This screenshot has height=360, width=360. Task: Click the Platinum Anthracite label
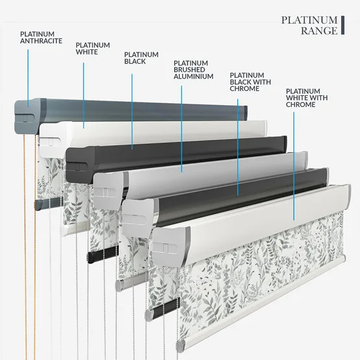point(41,38)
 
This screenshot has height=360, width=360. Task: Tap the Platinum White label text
point(93,49)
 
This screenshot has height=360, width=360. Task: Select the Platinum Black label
point(141,58)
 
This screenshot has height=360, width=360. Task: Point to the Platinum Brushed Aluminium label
point(193,70)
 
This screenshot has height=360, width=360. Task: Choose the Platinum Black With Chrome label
point(250,82)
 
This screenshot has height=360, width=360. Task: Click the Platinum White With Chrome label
point(307,98)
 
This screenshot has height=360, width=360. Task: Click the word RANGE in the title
point(319,30)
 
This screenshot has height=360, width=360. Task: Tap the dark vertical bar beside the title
point(342,25)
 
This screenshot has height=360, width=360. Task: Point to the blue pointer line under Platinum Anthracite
point(28,78)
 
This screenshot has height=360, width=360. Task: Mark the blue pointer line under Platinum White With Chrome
point(294,166)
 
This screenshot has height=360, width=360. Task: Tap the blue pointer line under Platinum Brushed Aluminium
point(182,129)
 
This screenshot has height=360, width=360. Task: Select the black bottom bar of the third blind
point(103,254)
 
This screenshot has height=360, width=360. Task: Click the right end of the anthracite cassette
point(246,112)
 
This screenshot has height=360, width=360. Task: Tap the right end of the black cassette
point(285,143)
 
